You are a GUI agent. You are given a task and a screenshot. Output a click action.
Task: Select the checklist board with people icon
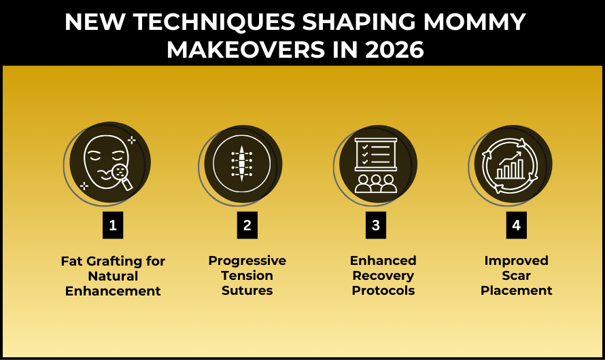(x=376, y=165)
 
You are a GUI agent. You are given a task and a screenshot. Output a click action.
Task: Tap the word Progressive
(x=247, y=261)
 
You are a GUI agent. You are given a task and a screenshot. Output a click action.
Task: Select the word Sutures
(x=247, y=291)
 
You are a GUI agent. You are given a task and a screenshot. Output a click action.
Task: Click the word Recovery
(x=383, y=276)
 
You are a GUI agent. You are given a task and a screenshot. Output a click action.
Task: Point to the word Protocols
(x=383, y=291)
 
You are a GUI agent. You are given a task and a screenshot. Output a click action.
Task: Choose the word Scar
(x=516, y=276)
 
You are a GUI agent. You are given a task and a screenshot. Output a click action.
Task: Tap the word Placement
(x=516, y=291)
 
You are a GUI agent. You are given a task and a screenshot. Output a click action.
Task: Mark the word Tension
(x=247, y=276)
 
